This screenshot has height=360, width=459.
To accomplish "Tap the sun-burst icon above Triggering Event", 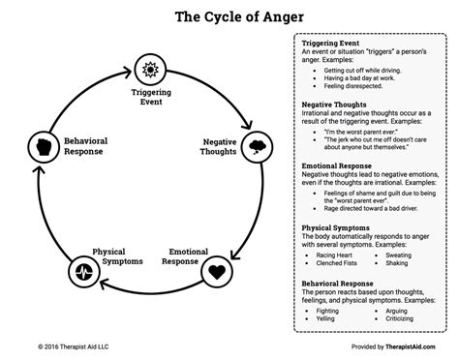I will [x=150, y=69].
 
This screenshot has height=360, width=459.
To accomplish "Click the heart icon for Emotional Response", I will [x=219, y=270].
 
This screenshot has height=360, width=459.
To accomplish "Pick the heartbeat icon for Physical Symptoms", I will [x=81, y=270].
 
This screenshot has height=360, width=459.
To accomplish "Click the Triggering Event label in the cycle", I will [x=150, y=98].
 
